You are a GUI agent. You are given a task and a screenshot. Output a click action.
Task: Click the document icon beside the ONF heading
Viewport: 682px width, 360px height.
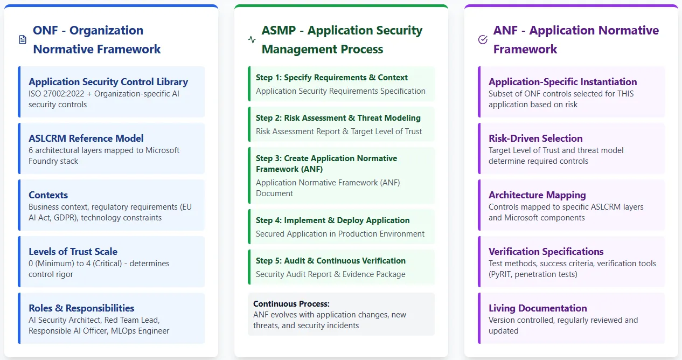point(23,40)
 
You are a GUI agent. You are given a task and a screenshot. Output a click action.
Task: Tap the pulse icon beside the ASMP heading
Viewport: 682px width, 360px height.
point(252,40)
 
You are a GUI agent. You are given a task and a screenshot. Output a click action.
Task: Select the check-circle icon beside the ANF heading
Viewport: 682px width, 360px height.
point(483,40)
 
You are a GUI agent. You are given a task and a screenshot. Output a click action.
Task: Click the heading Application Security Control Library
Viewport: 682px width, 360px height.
point(108,82)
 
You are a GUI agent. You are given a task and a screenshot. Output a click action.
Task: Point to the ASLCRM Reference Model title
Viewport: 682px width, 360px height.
point(86,139)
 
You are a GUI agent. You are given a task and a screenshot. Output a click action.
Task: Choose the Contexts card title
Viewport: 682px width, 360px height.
point(48,195)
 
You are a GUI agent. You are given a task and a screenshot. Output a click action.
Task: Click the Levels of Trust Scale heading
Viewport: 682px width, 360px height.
point(73,252)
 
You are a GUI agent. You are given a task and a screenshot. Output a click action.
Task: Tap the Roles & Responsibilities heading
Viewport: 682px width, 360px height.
point(81,308)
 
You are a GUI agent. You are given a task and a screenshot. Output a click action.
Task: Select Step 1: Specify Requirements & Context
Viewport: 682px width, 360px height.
point(332,78)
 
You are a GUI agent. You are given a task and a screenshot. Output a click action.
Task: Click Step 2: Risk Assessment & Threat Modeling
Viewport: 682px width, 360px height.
point(338,118)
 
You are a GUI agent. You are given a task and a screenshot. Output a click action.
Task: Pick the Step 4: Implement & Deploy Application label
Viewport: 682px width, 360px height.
point(333,220)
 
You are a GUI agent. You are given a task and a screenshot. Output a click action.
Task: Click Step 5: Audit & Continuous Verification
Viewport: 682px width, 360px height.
point(331,261)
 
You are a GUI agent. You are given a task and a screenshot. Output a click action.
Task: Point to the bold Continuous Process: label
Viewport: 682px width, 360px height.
point(291,304)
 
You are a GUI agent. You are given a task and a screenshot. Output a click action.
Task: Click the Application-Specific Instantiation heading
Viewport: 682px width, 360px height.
point(563,82)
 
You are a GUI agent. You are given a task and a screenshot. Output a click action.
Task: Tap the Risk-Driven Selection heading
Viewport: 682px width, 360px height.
point(535,139)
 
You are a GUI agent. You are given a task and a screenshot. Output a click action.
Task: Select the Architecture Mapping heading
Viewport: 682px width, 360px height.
point(537,195)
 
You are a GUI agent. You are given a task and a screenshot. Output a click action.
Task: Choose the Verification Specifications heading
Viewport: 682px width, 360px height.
point(546,252)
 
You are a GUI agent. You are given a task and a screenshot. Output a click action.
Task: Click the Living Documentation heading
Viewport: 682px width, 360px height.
point(538,308)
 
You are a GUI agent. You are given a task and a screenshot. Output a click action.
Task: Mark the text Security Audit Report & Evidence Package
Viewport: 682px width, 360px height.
point(331,274)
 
